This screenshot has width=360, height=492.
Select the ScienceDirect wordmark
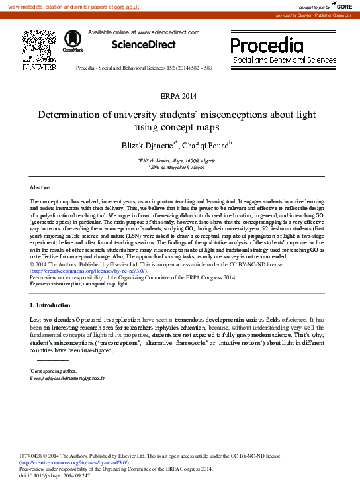tap(143, 44)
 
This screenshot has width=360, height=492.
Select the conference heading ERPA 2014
tap(179, 97)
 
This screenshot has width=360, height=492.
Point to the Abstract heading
tap(40, 188)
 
